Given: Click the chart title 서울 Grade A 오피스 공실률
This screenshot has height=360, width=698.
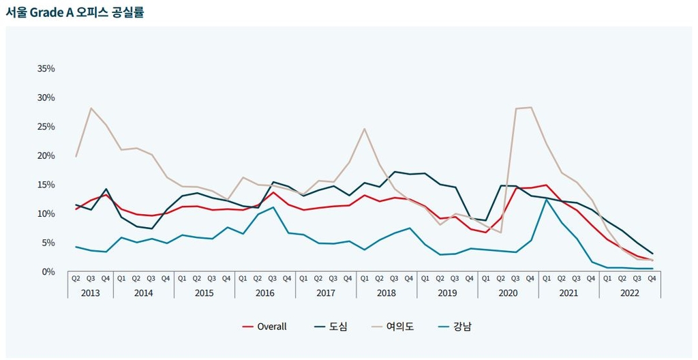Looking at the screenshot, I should (x=75, y=12).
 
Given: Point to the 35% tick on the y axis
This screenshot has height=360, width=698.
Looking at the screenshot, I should (x=46, y=69).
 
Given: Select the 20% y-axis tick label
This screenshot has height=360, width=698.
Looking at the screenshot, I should (x=46, y=155).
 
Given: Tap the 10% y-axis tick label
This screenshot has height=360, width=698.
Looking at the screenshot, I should (x=46, y=213).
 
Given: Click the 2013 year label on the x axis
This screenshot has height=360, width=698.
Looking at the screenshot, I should (x=91, y=292).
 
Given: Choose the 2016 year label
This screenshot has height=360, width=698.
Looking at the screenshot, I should (x=265, y=292).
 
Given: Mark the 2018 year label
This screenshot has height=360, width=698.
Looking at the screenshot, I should (x=386, y=292).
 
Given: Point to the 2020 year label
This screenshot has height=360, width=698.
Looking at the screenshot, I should (x=508, y=292).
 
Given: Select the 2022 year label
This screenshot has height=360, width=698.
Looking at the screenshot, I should (x=630, y=292).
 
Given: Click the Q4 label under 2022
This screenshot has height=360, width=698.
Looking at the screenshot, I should (x=652, y=278).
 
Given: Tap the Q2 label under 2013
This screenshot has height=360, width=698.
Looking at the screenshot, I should (x=76, y=278).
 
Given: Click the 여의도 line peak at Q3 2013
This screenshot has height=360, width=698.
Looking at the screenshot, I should (x=91, y=108).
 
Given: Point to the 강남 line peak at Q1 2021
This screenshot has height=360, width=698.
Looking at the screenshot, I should (x=546, y=199).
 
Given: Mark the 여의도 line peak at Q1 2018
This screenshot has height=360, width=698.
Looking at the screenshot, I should (x=365, y=129).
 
